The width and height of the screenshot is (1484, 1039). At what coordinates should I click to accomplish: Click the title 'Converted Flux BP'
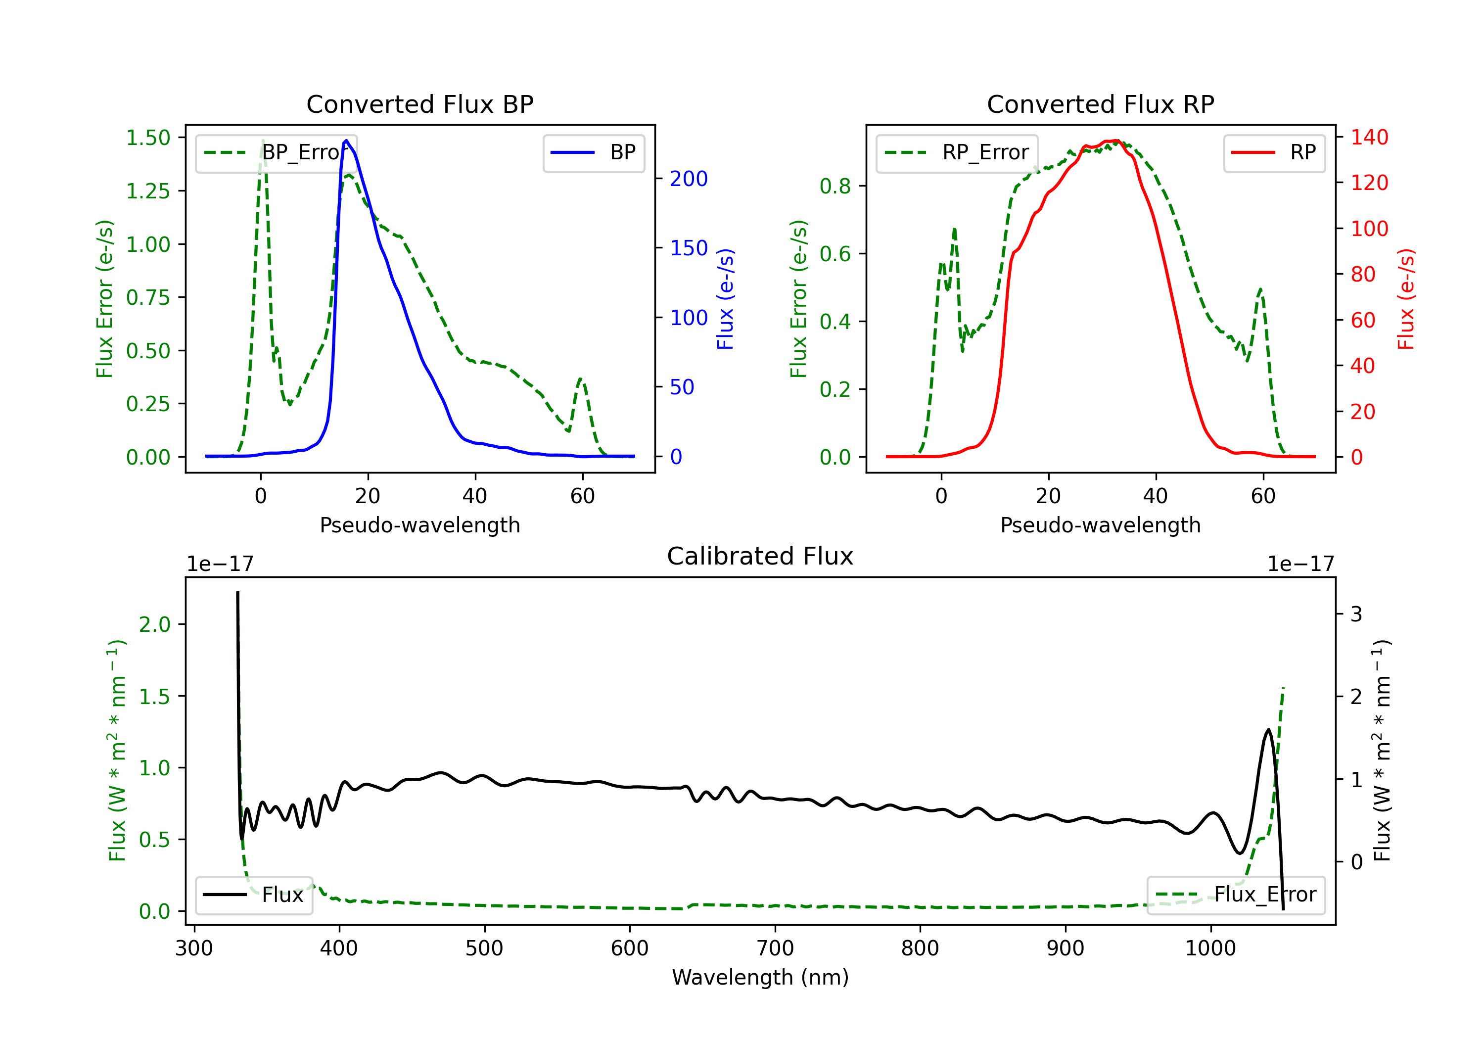419,104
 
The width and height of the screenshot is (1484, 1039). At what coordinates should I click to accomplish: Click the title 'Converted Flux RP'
1100,104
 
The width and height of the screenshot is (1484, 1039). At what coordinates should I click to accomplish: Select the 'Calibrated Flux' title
760,556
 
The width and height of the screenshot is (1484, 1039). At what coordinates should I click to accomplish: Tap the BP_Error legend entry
276,152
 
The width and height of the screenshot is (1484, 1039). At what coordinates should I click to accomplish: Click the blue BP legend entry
593,152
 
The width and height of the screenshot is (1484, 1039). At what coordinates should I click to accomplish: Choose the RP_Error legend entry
957,152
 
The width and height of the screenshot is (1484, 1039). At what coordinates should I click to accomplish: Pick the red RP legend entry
1274,152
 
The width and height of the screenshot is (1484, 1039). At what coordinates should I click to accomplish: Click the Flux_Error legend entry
1236,895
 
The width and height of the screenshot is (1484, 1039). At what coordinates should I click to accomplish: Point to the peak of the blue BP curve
346,141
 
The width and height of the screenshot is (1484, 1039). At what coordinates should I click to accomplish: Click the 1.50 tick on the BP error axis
148,138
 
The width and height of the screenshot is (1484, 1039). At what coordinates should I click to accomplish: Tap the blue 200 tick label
689,179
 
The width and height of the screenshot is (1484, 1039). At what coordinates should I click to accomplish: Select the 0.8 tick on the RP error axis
835,186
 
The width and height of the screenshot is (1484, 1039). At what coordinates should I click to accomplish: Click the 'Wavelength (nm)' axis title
760,977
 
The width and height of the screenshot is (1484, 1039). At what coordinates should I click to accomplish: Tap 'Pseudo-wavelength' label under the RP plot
1100,525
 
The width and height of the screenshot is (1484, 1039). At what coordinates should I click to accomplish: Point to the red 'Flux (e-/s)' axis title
1406,299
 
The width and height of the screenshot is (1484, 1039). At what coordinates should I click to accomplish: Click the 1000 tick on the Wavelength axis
1210,948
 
